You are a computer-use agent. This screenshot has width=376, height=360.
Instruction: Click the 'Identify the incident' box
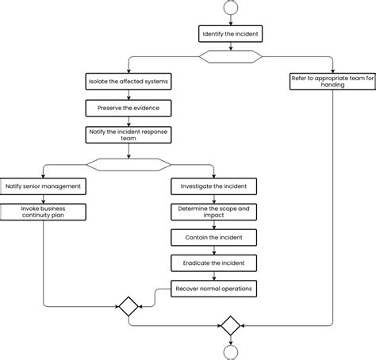230,34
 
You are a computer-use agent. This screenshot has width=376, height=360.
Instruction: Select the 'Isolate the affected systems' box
129,82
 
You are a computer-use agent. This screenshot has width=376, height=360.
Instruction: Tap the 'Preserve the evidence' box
129,108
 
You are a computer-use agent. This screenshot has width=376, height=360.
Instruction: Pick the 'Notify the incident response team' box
129,135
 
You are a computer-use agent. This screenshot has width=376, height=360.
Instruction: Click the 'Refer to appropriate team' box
332,82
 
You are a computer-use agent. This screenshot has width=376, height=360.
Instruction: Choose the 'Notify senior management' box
43,186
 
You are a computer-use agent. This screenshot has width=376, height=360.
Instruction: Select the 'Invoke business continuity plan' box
43,212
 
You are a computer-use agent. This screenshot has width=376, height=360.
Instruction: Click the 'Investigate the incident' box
213,186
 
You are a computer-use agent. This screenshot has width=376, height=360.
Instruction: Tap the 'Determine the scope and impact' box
213,212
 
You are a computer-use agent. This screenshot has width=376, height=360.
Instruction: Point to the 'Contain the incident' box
213,238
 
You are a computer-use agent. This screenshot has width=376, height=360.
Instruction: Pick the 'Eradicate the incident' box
213,263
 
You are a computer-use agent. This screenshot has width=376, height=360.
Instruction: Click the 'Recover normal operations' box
213,289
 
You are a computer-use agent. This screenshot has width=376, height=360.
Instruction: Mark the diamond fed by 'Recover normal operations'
129,307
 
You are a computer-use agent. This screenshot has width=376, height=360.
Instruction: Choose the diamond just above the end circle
231,326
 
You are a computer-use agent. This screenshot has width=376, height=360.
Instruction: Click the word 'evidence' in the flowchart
146,108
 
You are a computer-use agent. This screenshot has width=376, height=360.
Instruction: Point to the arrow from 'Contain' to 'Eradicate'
214,251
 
